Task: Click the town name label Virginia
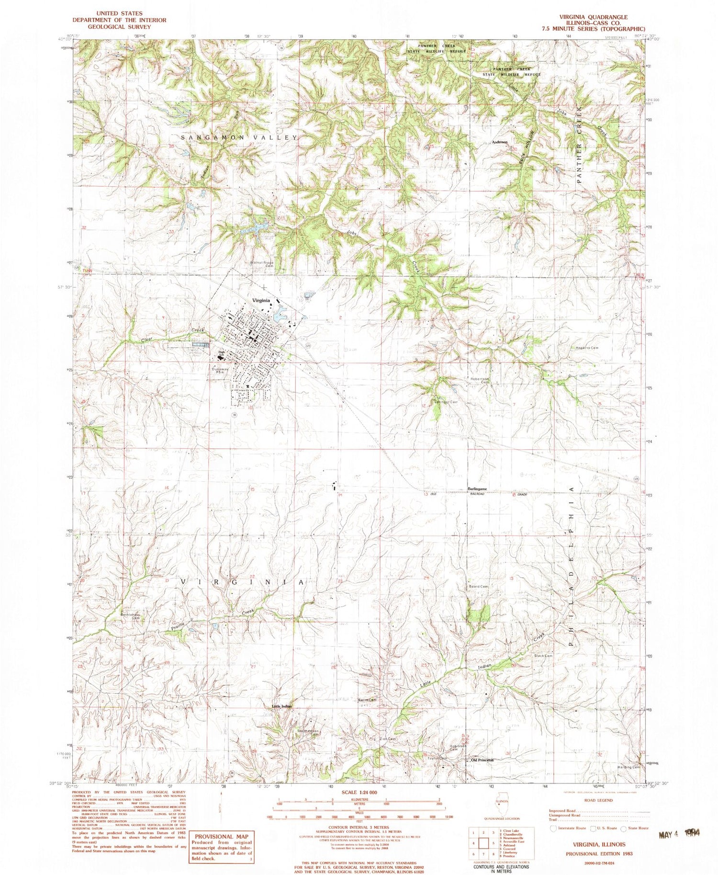(x=261, y=300)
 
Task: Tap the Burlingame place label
(x=477, y=489)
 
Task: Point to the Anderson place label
(x=500, y=142)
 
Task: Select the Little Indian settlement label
(x=282, y=706)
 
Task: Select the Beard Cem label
(x=478, y=587)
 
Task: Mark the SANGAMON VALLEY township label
(x=239, y=137)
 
